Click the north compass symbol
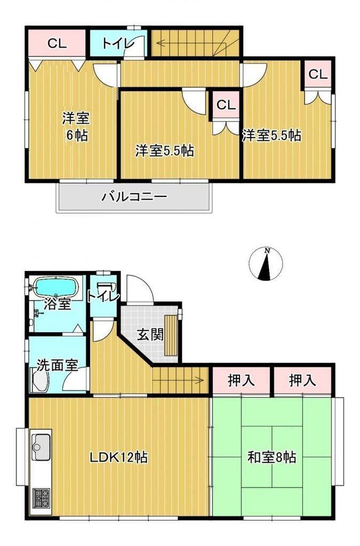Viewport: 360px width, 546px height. click(266, 264)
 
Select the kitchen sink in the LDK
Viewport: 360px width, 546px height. click(42, 447)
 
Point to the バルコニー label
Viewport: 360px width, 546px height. click(134, 197)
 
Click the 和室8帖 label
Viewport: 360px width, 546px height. click(272, 457)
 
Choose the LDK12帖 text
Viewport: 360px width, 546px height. click(119, 457)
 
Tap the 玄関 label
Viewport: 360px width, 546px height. click(150, 335)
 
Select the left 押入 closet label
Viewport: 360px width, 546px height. click(241, 380)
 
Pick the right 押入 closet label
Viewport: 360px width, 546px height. click(302, 380)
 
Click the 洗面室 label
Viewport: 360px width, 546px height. click(58, 365)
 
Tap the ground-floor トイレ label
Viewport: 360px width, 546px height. click(103, 297)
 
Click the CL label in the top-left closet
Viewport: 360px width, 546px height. click(57, 44)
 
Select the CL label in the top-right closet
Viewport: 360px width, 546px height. click(318, 74)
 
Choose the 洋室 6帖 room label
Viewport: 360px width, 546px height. click(76, 126)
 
